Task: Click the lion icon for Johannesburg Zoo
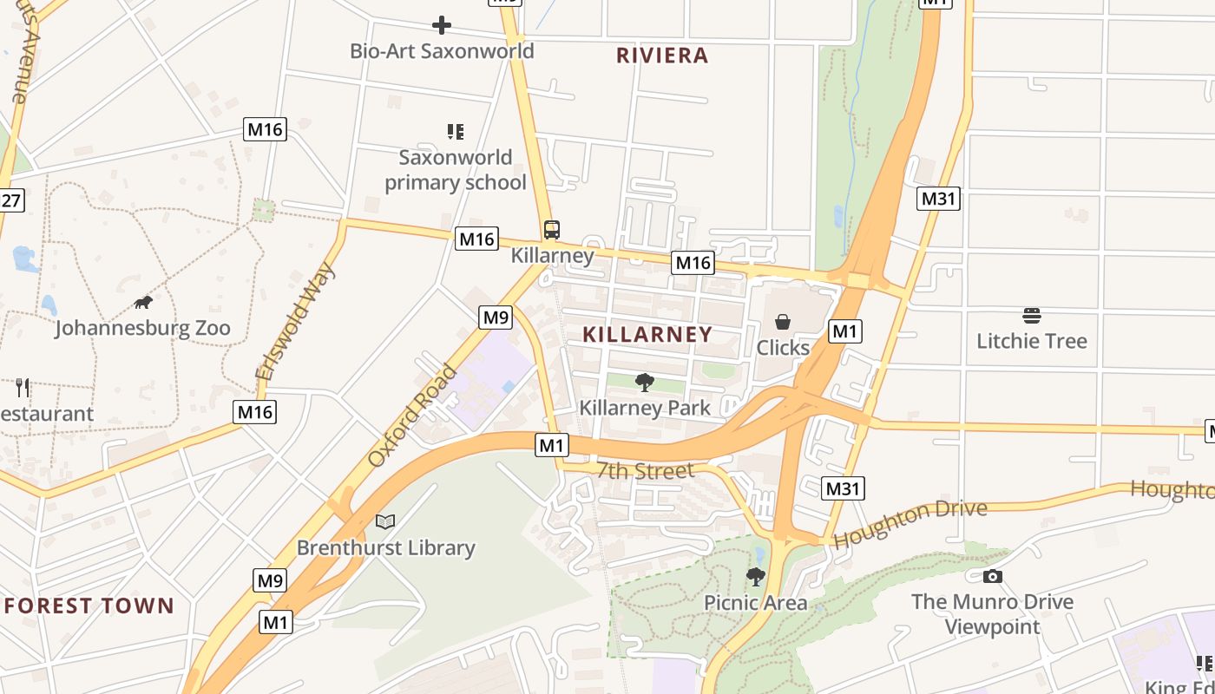[143, 302]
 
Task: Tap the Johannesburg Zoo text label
[143, 328]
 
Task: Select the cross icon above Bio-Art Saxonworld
[442, 25]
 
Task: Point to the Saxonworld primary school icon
[456, 132]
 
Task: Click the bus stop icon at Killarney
[552, 230]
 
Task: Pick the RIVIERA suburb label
[662, 56]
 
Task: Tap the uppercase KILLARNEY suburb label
[647, 334]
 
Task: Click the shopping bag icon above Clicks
[783, 322]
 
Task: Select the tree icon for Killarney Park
[645, 382]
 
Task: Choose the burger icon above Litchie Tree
[1032, 315]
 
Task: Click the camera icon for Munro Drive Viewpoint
[992, 576]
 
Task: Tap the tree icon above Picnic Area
[756, 577]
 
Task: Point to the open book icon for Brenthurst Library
[385, 521]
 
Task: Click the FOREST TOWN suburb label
[89, 606]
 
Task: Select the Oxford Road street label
[412, 416]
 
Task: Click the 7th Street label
[646, 470]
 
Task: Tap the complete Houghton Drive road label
[910, 523]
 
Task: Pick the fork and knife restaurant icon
[23, 387]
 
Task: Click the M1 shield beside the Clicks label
[844, 331]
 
